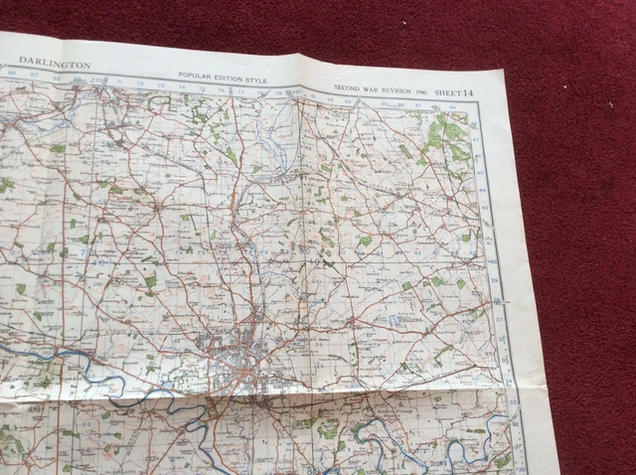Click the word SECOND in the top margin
click(348, 87)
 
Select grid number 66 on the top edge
click(13, 72)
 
